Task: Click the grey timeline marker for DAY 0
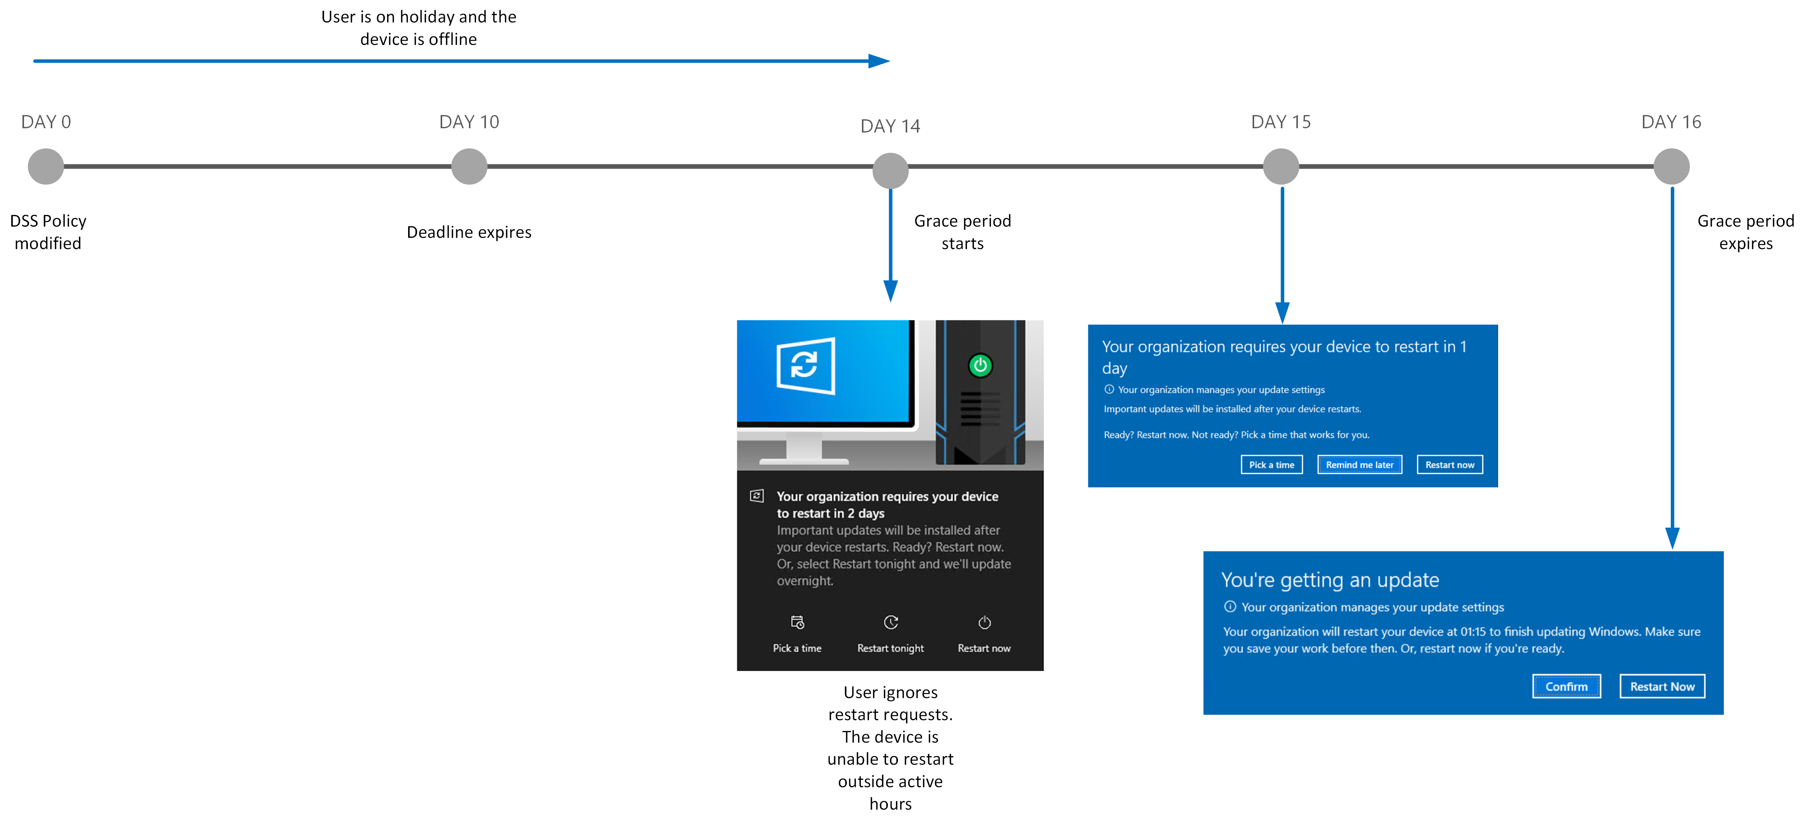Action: tap(46, 167)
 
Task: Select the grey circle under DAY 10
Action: tap(469, 167)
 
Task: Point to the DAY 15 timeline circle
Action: tap(1281, 167)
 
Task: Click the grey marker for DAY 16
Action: tap(1672, 167)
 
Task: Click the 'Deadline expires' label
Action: tap(469, 232)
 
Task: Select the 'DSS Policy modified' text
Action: tap(48, 232)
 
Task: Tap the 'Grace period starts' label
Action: tap(962, 232)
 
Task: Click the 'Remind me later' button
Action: tap(1359, 465)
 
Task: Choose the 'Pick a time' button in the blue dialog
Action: tap(1271, 465)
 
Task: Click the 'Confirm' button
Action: tap(1566, 686)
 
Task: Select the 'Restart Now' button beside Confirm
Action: tap(1662, 686)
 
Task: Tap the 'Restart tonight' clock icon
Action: tap(891, 623)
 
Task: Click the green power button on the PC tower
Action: tap(980, 365)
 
